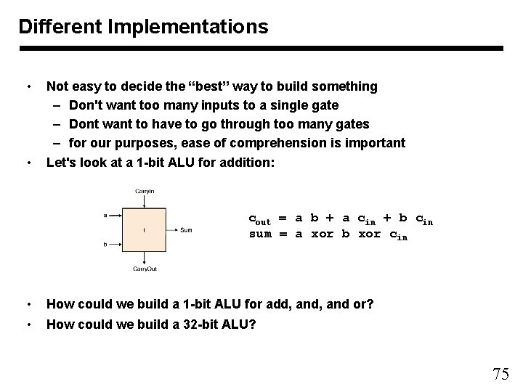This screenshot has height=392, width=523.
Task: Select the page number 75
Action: (x=500, y=375)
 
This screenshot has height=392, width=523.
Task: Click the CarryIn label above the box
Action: (x=145, y=192)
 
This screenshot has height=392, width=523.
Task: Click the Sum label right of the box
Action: (x=186, y=230)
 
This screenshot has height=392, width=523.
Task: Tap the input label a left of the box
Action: (x=106, y=215)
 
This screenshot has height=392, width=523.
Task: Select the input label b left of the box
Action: (x=106, y=245)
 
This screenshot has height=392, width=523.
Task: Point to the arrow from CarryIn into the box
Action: (x=145, y=201)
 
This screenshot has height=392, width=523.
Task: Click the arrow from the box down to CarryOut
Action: (x=145, y=258)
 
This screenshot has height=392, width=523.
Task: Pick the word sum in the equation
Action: (x=260, y=234)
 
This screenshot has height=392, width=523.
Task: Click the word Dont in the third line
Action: (x=85, y=124)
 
